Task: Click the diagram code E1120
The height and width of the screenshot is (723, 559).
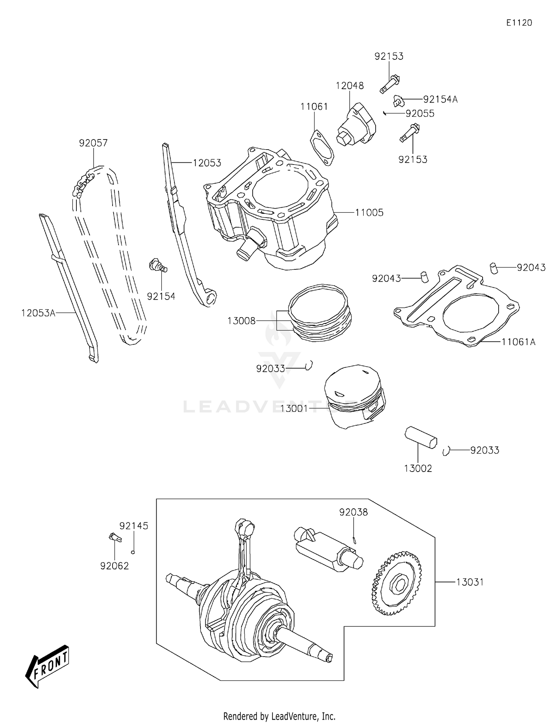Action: pyautogui.click(x=519, y=23)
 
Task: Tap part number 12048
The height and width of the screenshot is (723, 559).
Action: pyautogui.click(x=349, y=85)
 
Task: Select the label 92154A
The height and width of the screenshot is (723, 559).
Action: pyautogui.click(x=440, y=99)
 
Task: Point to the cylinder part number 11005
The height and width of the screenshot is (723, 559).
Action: pyautogui.click(x=369, y=213)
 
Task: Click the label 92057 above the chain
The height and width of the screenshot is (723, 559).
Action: pyautogui.click(x=93, y=143)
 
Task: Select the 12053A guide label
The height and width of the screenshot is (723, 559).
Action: pyautogui.click(x=38, y=313)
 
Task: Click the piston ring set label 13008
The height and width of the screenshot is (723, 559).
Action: pyautogui.click(x=241, y=321)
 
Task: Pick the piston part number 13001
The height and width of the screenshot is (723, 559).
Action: pyautogui.click(x=294, y=409)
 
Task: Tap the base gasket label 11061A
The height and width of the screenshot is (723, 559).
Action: pyautogui.click(x=518, y=342)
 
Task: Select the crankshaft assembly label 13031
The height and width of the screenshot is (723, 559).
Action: pyautogui.click(x=470, y=582)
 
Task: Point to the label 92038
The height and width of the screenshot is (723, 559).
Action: pyautogui.click(x=353, y=512)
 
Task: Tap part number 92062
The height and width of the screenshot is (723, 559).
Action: pyautogui.click(x=114, y=566)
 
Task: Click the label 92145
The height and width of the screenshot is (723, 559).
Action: pyautogui.click(x=133, y=526)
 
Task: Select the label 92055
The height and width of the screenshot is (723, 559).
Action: pyautogui.click(x=420, y=113)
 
